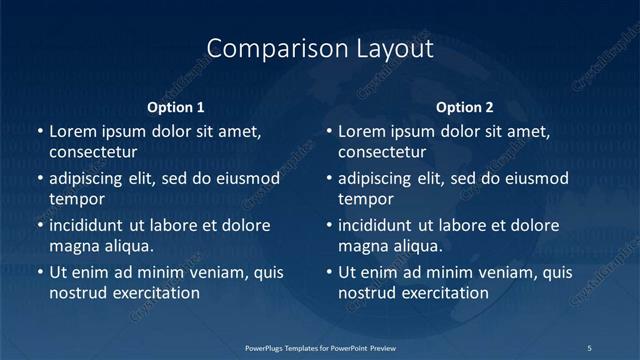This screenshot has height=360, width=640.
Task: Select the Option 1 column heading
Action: (x=176, y=107)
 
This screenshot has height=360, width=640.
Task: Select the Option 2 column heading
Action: (x=465, y=107)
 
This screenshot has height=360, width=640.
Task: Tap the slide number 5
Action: (x=589, y=347)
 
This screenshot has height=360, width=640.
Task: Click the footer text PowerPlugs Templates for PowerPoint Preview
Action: (x=320, y=347)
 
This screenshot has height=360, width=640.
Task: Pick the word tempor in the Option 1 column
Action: (x=75, y=199)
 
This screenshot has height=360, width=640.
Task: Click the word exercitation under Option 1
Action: (x=155, y=293)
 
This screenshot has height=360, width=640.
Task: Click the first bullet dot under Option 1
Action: (x=39, y=132)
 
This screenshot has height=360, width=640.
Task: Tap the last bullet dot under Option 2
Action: (x=328, y=273)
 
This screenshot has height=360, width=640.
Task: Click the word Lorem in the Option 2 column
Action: (x=362, y=132)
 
